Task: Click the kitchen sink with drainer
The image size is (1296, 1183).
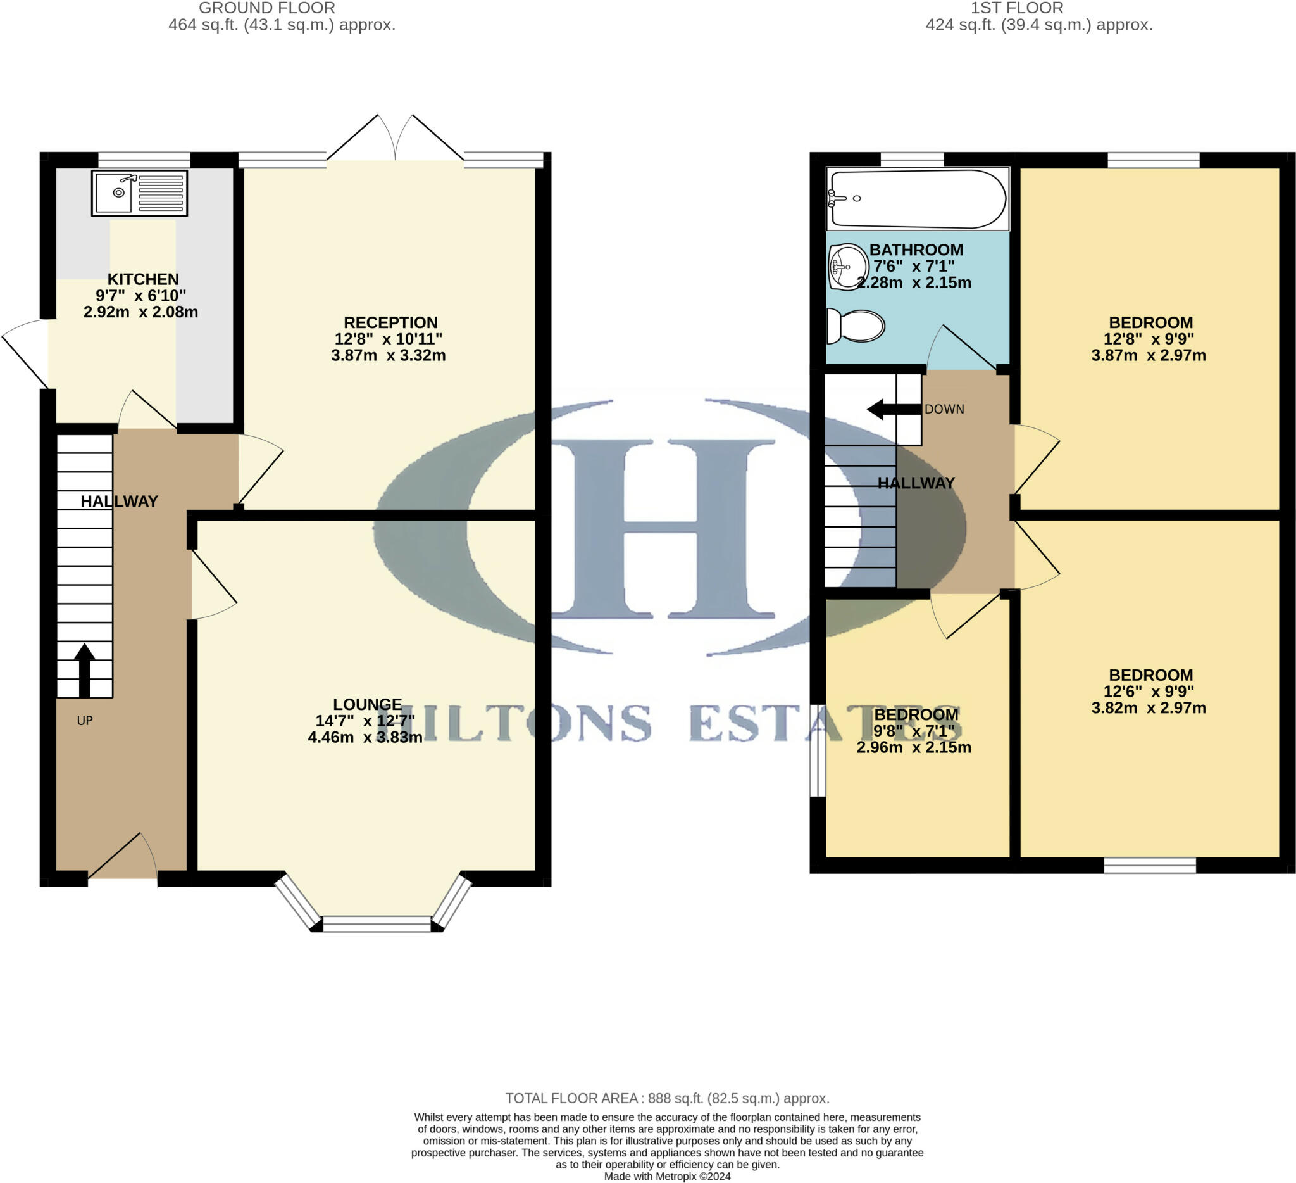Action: point(139,193)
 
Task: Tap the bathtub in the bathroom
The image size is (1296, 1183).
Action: point(918,199)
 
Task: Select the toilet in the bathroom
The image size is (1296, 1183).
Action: point(855,326)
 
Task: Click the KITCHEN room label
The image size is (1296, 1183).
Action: point(143,279)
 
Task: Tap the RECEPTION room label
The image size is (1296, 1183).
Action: point(390,322)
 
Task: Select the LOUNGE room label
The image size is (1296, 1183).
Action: point(367,704)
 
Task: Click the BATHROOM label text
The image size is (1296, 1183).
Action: point(916,250)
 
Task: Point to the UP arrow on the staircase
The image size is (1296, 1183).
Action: point(84,669)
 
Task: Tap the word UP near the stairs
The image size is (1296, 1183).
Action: point(85,721)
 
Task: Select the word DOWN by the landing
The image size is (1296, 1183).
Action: point(944,409)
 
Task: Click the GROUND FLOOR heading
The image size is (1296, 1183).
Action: point(267,8)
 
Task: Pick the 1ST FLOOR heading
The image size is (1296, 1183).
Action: point(1016,8)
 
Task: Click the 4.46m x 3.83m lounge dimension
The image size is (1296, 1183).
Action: point(365,737)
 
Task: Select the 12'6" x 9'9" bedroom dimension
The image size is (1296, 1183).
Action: point(1148,692)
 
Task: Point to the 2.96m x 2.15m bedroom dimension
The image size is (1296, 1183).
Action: point(914,747)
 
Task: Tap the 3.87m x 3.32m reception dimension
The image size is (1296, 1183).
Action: point(389,355)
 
